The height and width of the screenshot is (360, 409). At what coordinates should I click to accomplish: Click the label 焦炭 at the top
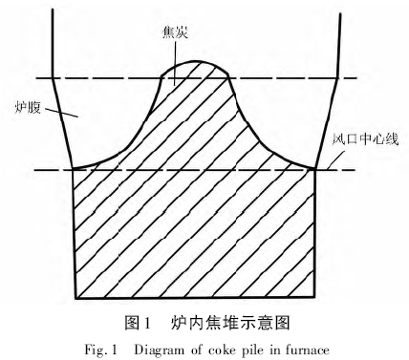point(176,32)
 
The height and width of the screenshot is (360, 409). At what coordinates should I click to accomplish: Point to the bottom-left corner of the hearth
point(74,296)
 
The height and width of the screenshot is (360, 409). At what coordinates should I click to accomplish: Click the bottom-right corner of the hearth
point(317,296)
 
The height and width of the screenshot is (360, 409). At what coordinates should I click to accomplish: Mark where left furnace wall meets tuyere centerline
point(74,169)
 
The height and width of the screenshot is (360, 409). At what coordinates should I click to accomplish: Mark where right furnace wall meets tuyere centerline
point(317,169)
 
